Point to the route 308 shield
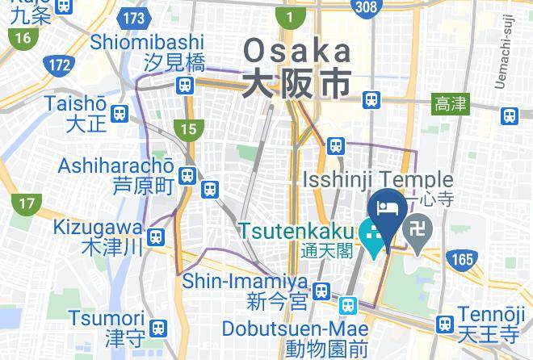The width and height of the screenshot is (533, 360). pyautogui.click(x=366, y=6)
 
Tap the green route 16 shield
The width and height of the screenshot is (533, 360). pyautogui.click(x=22, y=37)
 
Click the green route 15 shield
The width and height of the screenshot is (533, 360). pyautogui.click(x=189, y=128)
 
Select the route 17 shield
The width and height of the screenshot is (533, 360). pyautogui.click(x=27, y=203)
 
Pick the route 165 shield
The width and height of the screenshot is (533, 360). pyautogui.click(x=461, y=259)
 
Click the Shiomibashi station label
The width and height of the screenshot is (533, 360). pyautogui.click(x=147, y=42)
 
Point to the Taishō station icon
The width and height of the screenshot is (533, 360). pyautogui.click(x=120, y=113)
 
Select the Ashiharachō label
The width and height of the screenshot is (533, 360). pyautogui.click(x=116, y=166)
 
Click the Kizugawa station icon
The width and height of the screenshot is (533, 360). pyautogui.click(x=157, y=237)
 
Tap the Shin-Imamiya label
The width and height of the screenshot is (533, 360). pyautogui.click(x=246, y=282)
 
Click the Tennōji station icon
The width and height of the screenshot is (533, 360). pyautogui.click(x=443, y=324)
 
